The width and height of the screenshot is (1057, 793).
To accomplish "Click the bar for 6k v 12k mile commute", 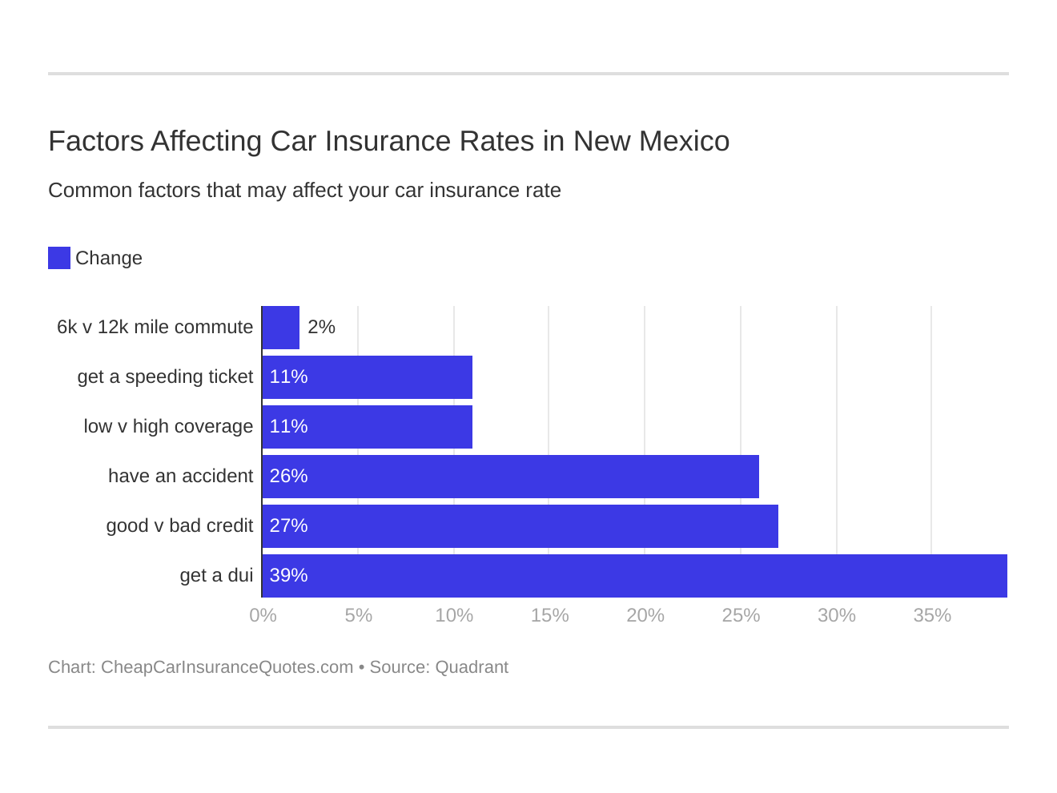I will click(x=281, y=328).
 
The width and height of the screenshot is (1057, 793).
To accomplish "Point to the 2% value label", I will click(x=321, y=328).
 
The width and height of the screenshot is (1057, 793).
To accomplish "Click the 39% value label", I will click(x=288, y=576).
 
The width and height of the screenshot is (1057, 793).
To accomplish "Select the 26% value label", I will click(x=288, y=477).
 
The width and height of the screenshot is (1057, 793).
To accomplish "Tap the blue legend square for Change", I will click(x=59, y=258).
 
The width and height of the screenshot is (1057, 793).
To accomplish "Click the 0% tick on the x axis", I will click(x=263, y=615).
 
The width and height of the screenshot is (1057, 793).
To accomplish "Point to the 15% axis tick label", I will click(x=549, y=615).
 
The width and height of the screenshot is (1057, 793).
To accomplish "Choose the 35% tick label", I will click(x=932, y=615).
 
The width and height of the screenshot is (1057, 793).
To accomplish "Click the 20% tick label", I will click(x=645, y=615).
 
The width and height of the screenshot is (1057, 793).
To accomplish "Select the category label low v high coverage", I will click(x=168, y=427).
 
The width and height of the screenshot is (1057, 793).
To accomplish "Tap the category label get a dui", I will click(x=216, y=576).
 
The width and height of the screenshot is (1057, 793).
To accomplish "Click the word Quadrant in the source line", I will click(x=472, y=667).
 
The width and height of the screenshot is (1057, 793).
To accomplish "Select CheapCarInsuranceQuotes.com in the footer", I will click(x=227, y=667).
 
